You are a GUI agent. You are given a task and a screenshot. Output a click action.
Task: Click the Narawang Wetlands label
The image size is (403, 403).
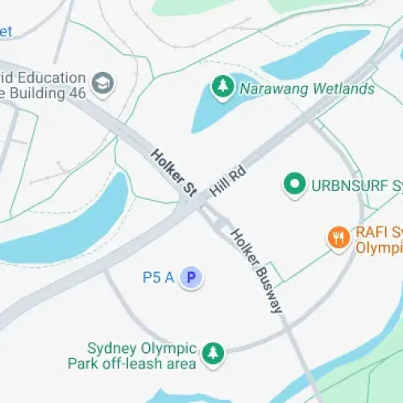[x=306, y=89]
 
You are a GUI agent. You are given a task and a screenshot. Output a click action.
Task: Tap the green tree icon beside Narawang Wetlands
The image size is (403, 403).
[x=222, y=85]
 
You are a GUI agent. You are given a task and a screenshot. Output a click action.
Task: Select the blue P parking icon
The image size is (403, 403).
[x=191, y=278]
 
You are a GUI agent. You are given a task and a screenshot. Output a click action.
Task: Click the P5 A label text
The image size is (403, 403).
[x=159, y=278]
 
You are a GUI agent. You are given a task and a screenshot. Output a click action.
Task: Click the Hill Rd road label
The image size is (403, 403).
[x=227, y=180]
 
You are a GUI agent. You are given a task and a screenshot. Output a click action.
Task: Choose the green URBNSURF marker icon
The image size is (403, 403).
[x=294, y=185]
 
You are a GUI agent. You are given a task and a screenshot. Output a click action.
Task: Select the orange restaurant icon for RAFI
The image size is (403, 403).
[x=338, y=237]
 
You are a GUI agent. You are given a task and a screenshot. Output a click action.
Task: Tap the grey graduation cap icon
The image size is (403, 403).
[x=102, y=83]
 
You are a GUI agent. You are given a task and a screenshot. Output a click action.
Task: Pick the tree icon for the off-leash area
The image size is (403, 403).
[x=213, y=353]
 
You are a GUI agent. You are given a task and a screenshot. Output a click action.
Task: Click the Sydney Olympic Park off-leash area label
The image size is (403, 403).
[x=143, y=356]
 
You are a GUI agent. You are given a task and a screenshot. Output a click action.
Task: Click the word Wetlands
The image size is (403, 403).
[x=343, y=89]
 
